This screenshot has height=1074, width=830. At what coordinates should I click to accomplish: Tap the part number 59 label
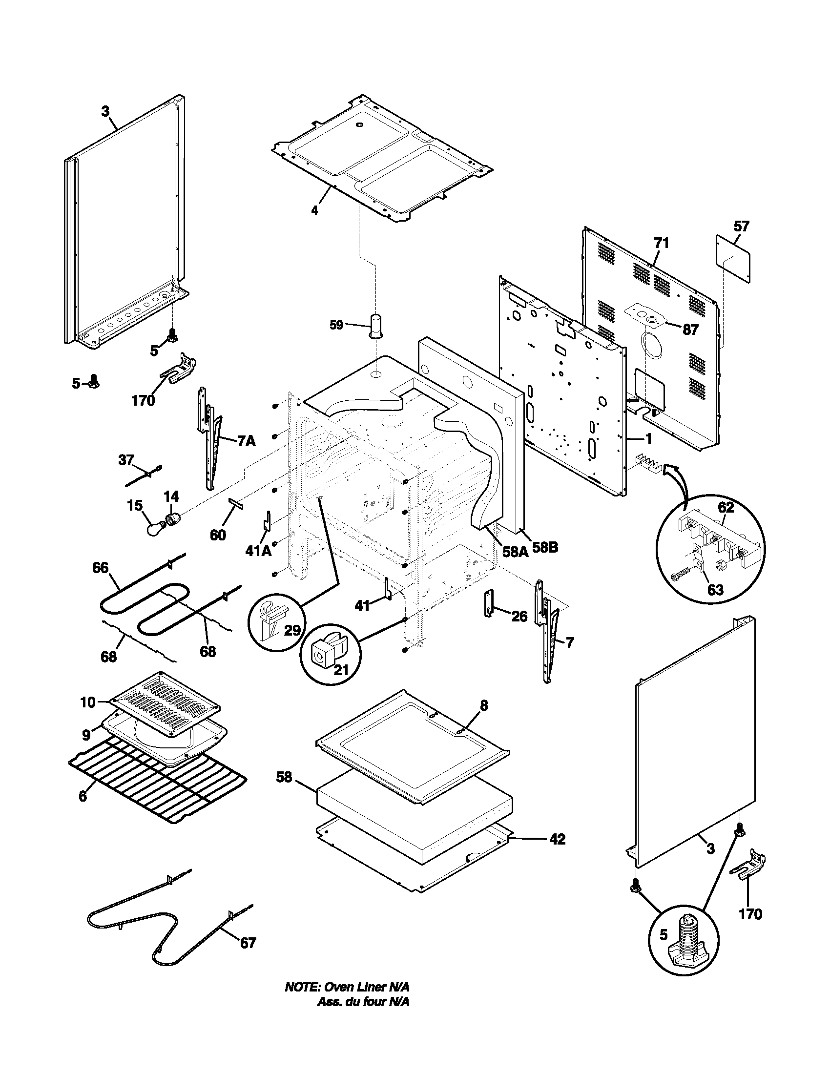[336, 326]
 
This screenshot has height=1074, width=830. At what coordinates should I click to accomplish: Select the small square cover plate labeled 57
[733, 259]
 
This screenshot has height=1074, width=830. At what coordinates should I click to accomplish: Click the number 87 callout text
[690, 330]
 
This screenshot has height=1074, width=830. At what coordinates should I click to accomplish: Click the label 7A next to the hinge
[247, 441]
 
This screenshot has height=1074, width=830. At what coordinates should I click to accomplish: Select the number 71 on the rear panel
[662, 243]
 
